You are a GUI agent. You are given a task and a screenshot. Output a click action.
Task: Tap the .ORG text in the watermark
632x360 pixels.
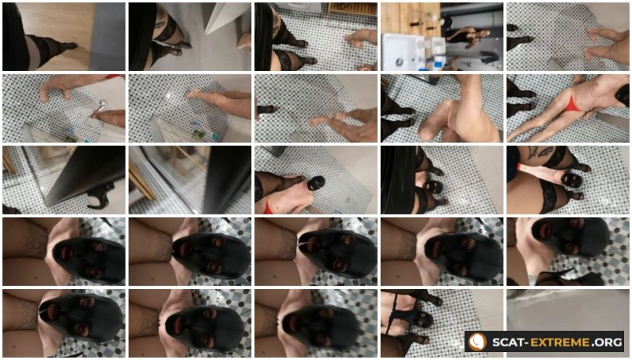tap(607, 343)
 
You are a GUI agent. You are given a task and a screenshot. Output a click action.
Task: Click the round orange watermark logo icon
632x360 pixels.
tap(478, 342)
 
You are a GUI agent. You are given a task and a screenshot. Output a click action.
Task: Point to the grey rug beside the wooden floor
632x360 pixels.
tap(107, 37)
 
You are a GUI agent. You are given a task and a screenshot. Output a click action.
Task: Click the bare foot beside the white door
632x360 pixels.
tap(243, 41)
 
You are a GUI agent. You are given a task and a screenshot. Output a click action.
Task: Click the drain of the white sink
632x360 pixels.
tap(400, 62)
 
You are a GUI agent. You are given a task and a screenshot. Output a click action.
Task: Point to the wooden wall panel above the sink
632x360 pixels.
tap(410, 18)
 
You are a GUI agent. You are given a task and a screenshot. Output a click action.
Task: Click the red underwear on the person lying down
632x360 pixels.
tap(570, 103)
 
